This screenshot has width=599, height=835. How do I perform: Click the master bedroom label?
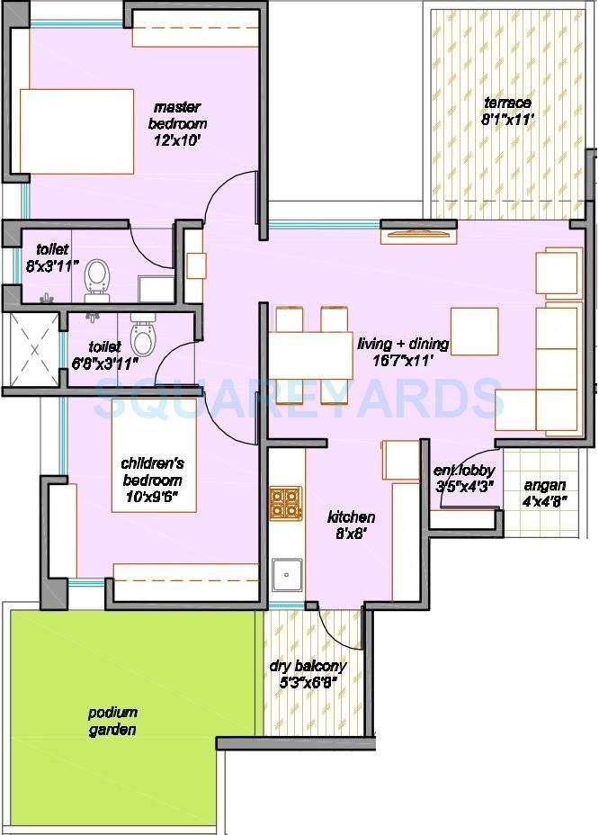[179, 115]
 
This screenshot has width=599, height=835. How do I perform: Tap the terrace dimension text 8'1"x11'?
[508, 118]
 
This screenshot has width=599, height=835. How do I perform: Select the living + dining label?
[402, 344]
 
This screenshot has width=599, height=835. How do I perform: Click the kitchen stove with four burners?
[286, 504]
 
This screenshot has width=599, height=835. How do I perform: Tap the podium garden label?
[112, 721]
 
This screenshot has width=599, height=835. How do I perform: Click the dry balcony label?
[308, 667]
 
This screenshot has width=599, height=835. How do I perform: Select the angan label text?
[545, 485]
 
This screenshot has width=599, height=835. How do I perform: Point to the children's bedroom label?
[153, 472]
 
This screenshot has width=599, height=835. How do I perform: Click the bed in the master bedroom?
[76, 131]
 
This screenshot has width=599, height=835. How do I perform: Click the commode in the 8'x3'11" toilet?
[95, 278]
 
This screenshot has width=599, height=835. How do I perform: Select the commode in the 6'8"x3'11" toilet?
[142, 336]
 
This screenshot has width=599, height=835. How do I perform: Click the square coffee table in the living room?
[474, 331]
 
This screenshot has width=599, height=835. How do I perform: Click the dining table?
[309, 356]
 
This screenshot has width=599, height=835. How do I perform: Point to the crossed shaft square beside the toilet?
[32, 350]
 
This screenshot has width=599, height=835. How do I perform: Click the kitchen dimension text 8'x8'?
[350, 533]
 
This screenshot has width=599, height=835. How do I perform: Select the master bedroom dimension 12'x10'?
[174, 139]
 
